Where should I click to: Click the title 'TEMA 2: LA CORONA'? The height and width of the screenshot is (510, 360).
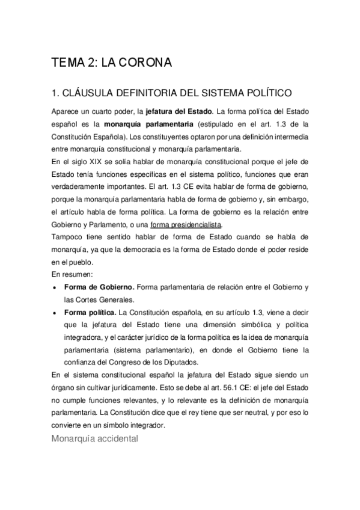(x=112, y=63)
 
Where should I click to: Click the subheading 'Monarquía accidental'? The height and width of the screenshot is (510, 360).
(x=95, y=438)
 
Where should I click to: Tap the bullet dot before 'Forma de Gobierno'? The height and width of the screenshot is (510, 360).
(x=56, y=288)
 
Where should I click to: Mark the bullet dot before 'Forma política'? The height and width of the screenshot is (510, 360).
(x=56, y=313)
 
